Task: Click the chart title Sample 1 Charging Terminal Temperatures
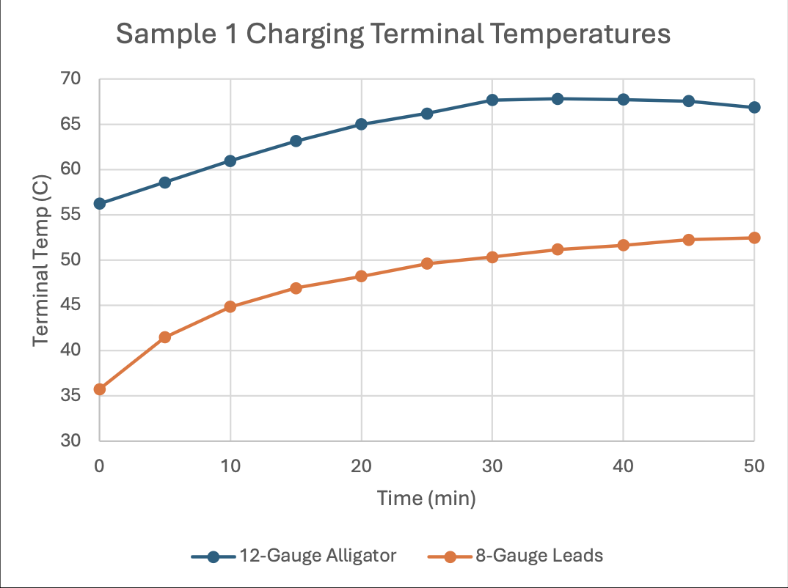tap(393, 34)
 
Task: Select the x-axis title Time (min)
tap(426, 499)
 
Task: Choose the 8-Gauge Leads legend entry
tap(515, 556)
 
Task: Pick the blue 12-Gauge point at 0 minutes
tap(100, 204)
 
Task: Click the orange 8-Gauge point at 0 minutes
tap(100, 389)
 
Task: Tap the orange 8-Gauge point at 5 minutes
tap(165, 337)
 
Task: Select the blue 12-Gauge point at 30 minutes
tap(492, 100)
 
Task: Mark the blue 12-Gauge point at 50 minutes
tap(754, 107)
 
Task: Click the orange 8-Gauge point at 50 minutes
tap(754, 238)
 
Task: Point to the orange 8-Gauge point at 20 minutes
tap(361, 276)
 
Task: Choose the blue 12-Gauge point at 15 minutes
tap(296, 141)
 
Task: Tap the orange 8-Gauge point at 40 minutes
tap(623, 245)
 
